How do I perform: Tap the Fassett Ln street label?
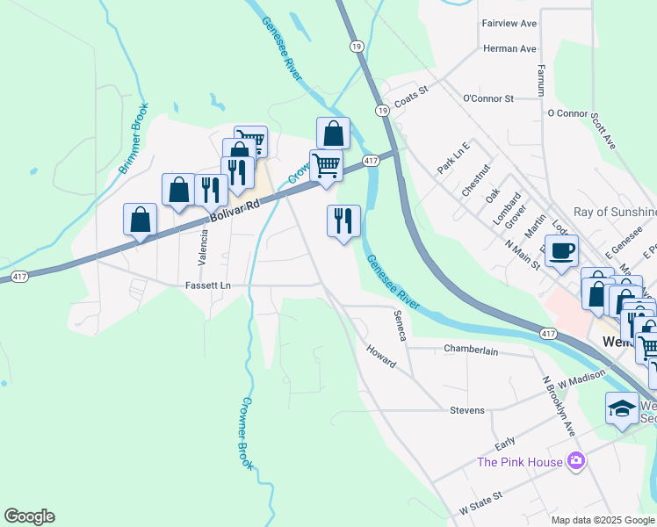click(x=207, y=285)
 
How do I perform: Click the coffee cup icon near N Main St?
click(x=561, y=250)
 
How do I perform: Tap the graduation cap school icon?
click(x=622, y=408)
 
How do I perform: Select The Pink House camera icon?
click(x=575, y=460)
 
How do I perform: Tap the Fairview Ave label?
click(x=509, y=23)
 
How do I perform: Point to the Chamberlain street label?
click(x=471, y=350)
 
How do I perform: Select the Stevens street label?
click(x=466, y=410)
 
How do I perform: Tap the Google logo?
click(x=29, y=516)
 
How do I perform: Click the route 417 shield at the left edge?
click(x=18, y=277)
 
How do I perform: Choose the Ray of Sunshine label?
click(x=614, y=212)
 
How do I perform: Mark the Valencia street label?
click(x=203, y=248)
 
